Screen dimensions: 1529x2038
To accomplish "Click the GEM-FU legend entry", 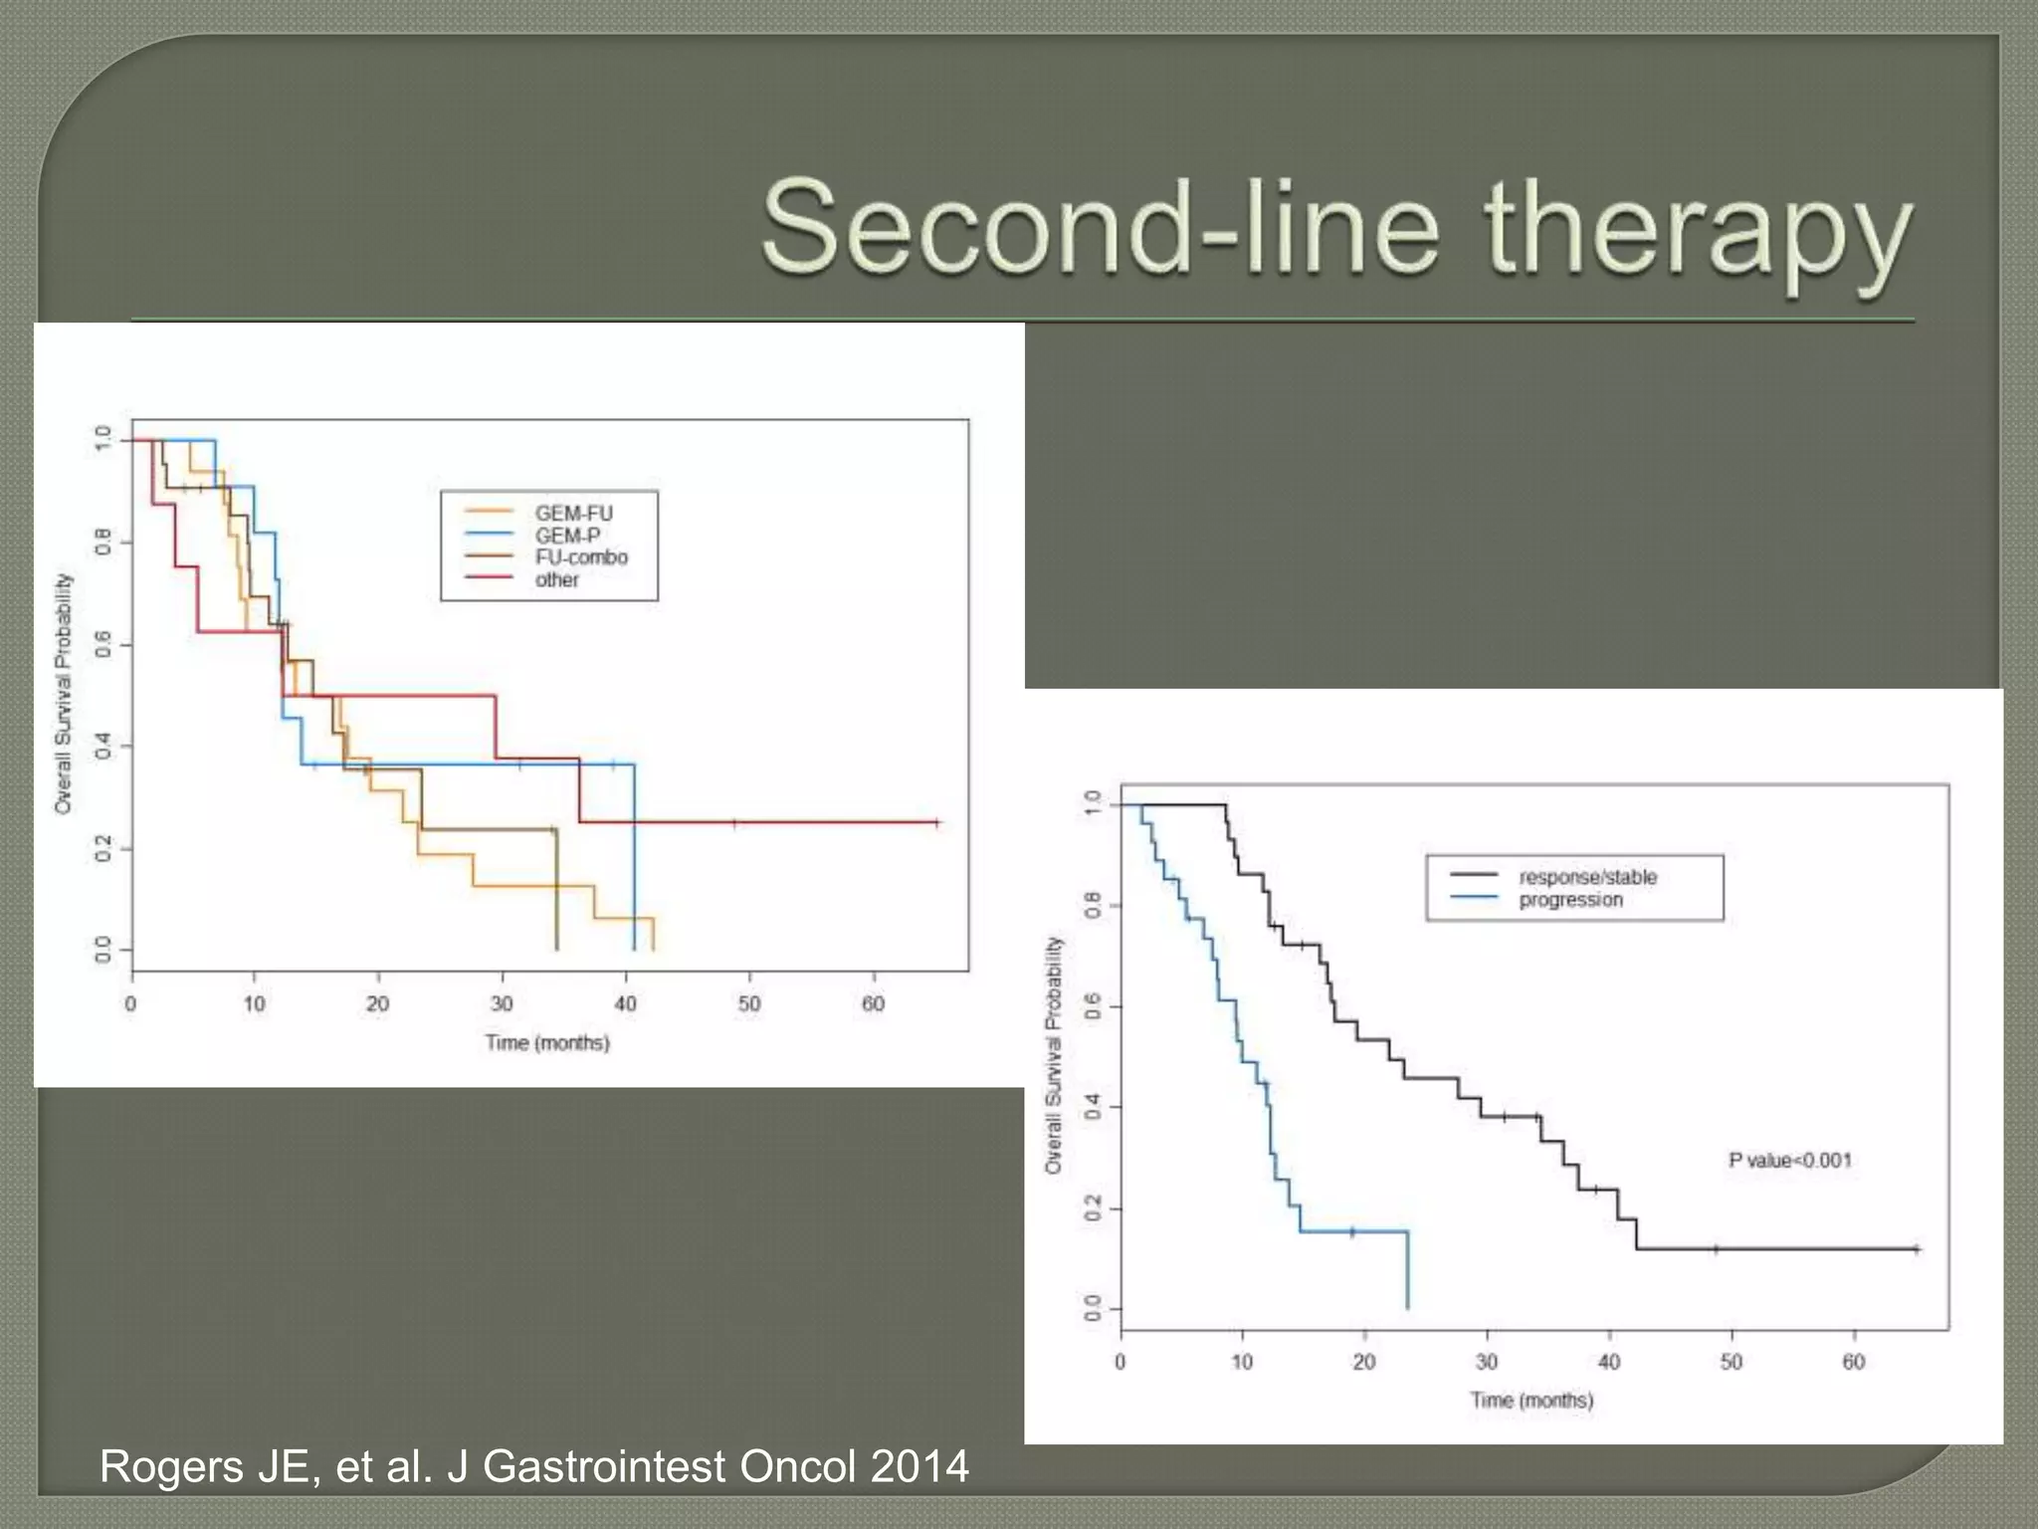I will coord(573,514).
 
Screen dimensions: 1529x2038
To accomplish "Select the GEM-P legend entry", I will coord(567,536).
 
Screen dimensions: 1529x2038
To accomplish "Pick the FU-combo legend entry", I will coord(581,557).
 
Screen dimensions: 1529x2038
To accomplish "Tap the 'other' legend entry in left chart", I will coord(556,580).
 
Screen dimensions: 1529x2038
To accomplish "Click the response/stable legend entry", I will coord(1587,877).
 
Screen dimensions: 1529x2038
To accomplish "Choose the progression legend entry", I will coord(1570,900).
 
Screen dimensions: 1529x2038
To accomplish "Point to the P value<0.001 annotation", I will coord(1789,1160).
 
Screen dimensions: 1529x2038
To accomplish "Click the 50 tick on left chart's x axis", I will coord(748,1003).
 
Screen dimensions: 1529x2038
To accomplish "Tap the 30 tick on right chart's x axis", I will coord(1486,1362).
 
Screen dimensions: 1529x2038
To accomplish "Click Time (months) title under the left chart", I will coord(546,1042).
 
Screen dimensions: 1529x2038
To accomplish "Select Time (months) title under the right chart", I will coord(1530,1400).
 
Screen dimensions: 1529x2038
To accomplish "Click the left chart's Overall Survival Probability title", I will coord(64,694).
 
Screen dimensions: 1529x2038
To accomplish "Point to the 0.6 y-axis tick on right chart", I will coord(1093,1006).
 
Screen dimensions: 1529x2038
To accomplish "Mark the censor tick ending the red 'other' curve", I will coord(936,822).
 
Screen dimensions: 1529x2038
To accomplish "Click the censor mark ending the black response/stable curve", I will coord(1916,1248).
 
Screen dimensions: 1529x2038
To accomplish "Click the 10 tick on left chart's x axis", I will coord(254,1003).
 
